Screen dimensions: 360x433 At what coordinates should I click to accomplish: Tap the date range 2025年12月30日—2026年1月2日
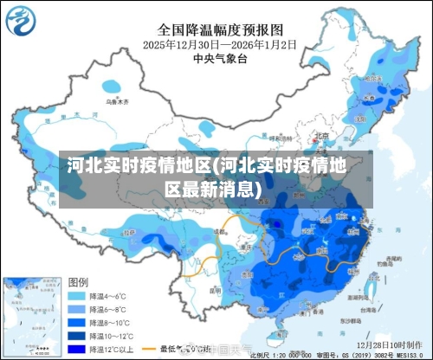(x=220, y=43)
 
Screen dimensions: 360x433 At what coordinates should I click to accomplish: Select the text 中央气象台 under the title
(x=220, y=58)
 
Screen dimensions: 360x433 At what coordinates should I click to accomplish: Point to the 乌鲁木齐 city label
(x=115, y=101)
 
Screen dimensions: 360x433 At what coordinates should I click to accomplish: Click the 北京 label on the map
(x=321, y=135)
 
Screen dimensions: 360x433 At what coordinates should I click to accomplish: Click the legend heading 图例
(x=78, y=282)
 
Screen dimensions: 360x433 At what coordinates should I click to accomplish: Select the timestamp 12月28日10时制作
(x=394, y=344)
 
